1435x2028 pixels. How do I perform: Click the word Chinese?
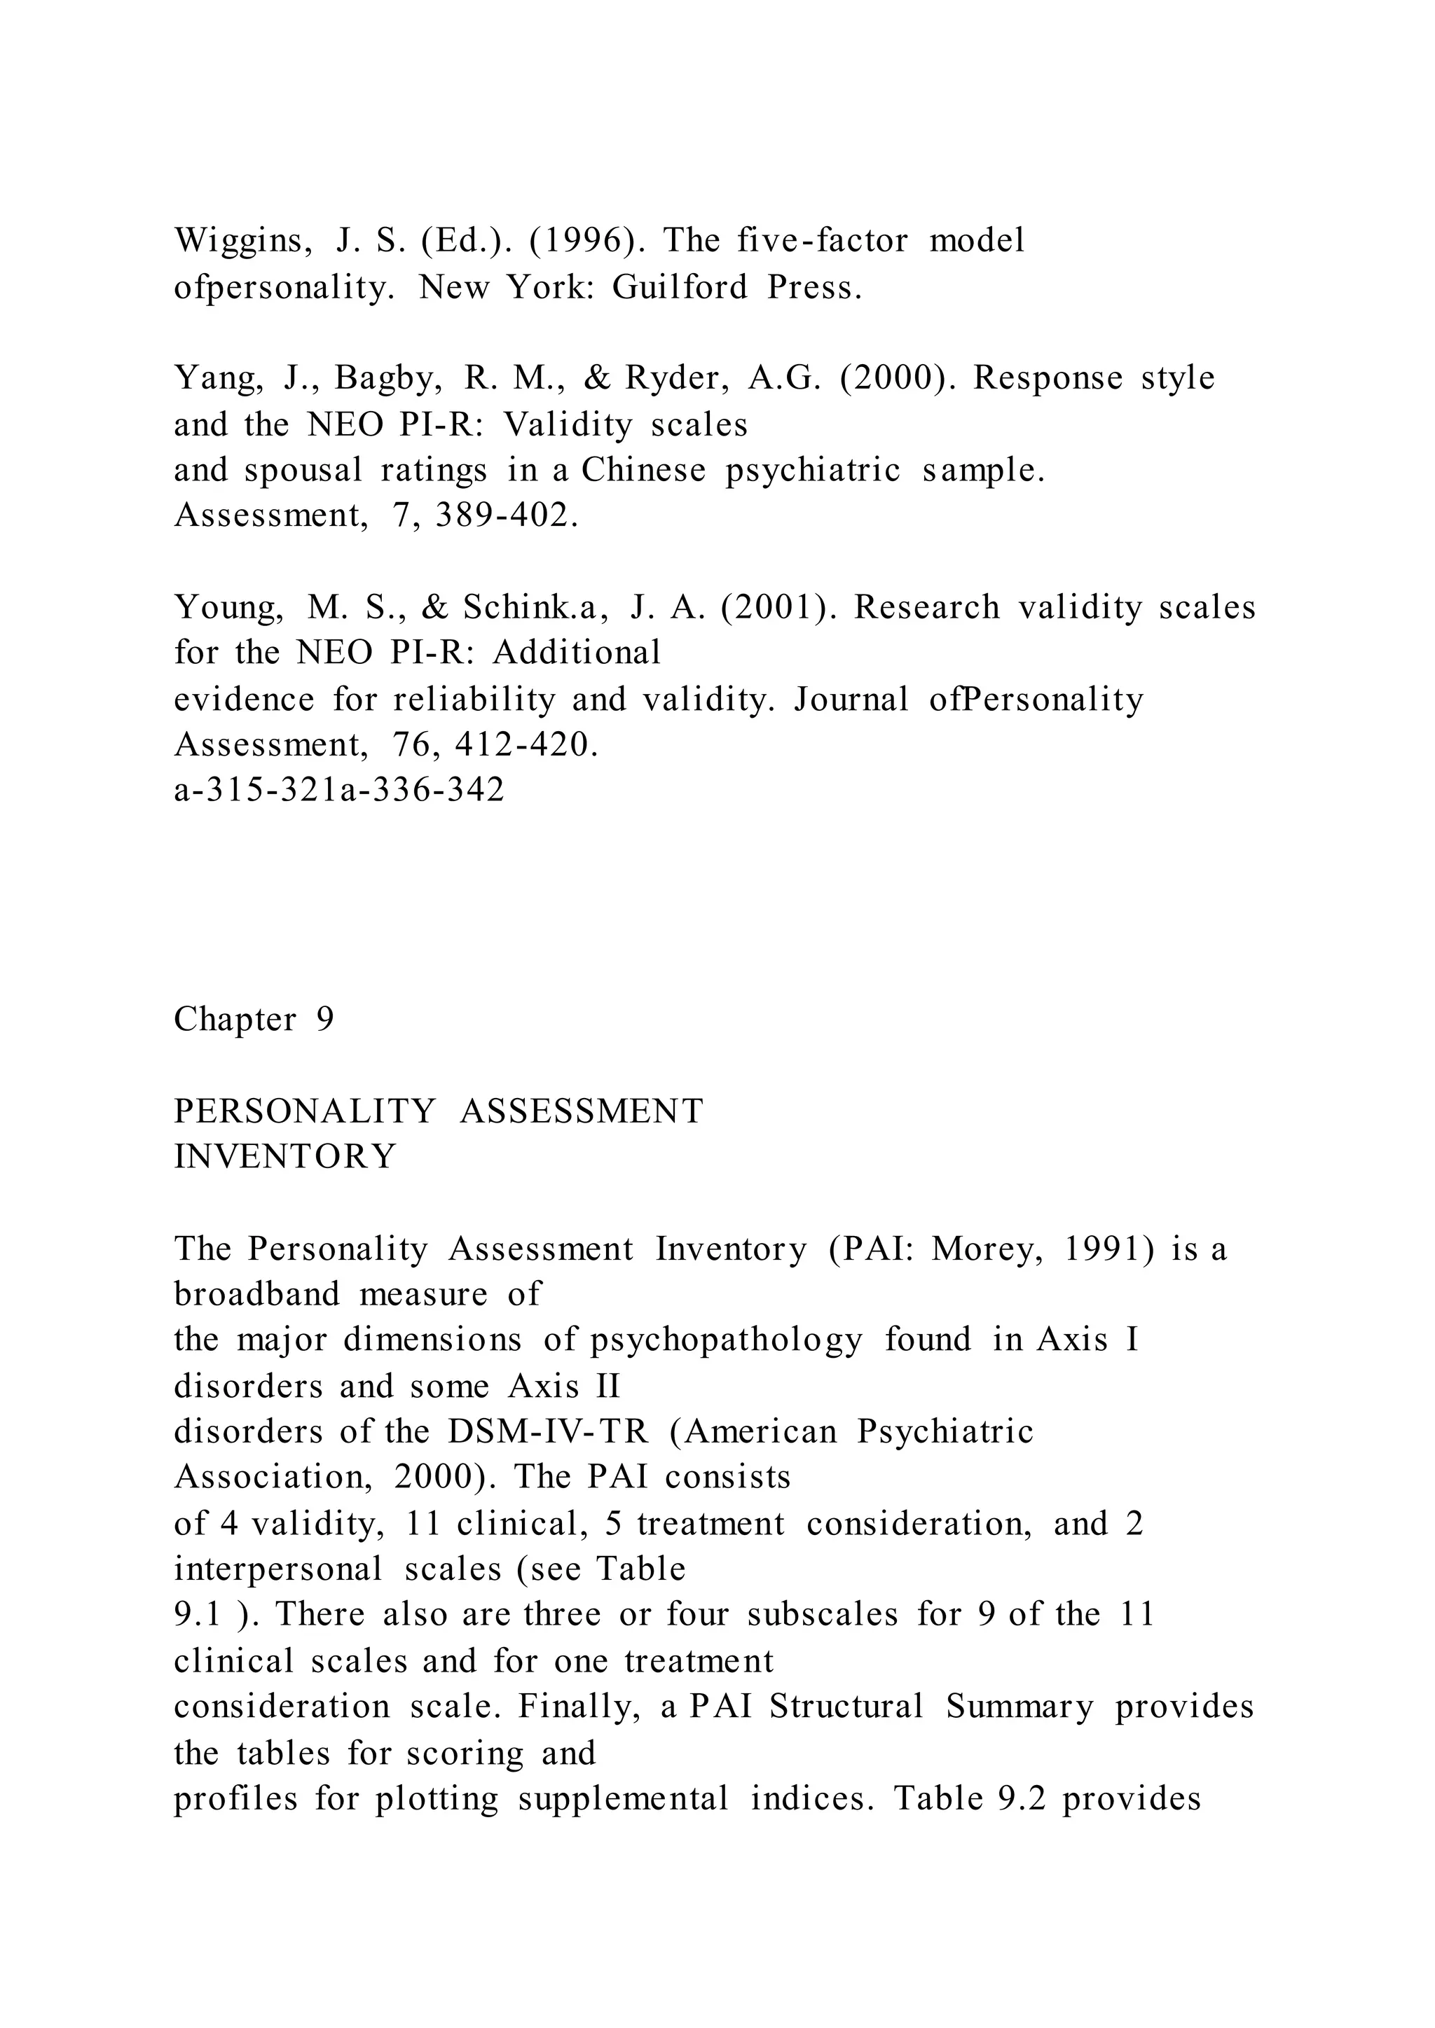point(643,470)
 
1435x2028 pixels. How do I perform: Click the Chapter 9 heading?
point(254,1020)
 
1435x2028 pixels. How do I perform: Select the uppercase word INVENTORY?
point(284,1156)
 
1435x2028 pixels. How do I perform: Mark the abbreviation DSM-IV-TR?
point(548,1432)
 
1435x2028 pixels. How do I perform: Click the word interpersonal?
point(278,1569)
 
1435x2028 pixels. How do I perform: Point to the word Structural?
point(846,1707)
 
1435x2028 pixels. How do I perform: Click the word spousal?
point(303,470)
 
